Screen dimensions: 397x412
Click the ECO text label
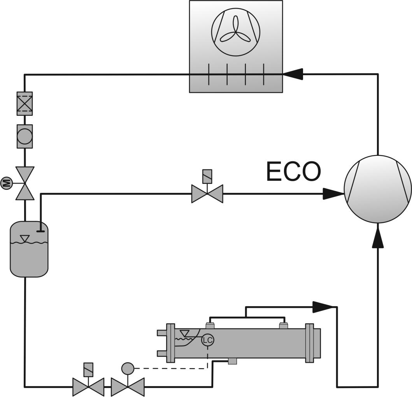point(294,172)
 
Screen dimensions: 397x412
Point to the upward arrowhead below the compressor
point(377,238)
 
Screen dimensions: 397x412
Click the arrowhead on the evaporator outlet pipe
point(323,307)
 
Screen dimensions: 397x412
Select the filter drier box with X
point(25,104)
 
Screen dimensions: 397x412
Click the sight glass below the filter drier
point(25,136)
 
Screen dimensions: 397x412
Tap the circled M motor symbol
point(6,183)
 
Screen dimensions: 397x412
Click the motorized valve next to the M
point(25,183)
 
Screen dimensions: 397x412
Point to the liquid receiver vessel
point(29,249)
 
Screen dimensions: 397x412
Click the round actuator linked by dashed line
point(127,367)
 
